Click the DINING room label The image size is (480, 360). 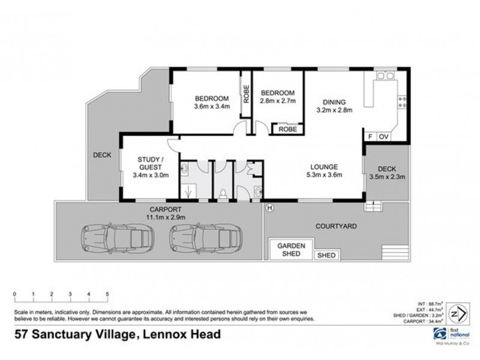tap(334, 101)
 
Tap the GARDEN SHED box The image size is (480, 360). tap(290, 250)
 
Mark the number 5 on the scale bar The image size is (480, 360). tap(107, 294)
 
